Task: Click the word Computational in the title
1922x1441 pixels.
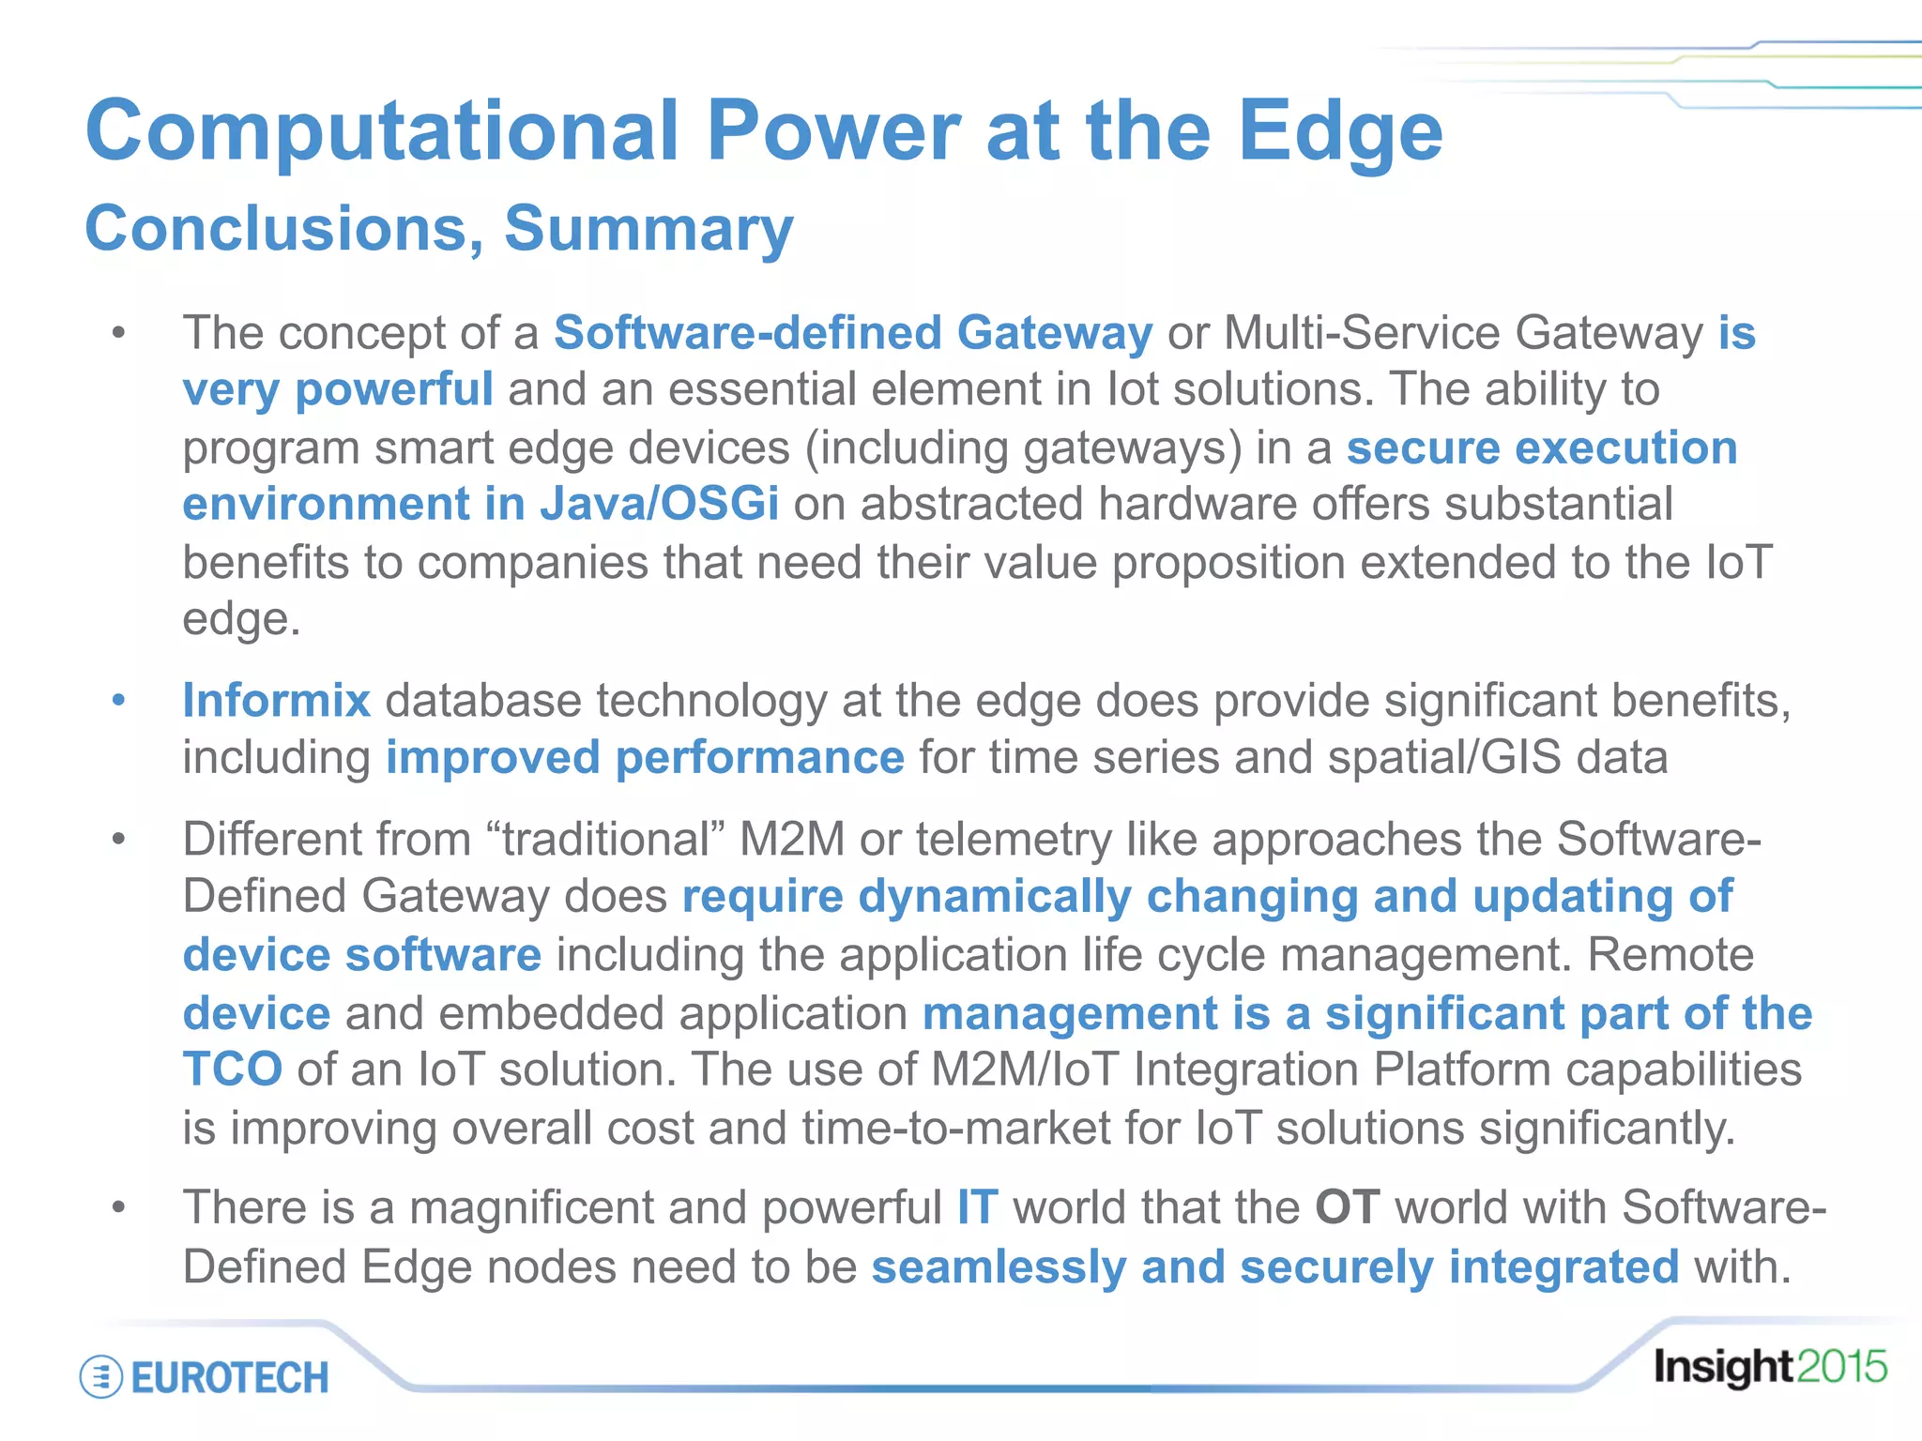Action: point(381,131)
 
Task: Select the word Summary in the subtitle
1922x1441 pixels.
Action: point(648,229)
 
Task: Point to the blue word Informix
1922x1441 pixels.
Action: point(277,701)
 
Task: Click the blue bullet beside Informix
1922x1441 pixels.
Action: point(118,700)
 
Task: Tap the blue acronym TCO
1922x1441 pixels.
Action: point(232,1069)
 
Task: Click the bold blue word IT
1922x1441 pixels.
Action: point(977,1207)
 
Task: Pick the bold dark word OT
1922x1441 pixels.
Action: point(1347,1207)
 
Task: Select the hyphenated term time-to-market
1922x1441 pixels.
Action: point(956,1128)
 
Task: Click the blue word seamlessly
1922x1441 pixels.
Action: point(999,1267)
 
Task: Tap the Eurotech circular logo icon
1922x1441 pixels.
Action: point(100,1377)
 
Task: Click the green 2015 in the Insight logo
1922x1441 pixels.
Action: point(1841,1368)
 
